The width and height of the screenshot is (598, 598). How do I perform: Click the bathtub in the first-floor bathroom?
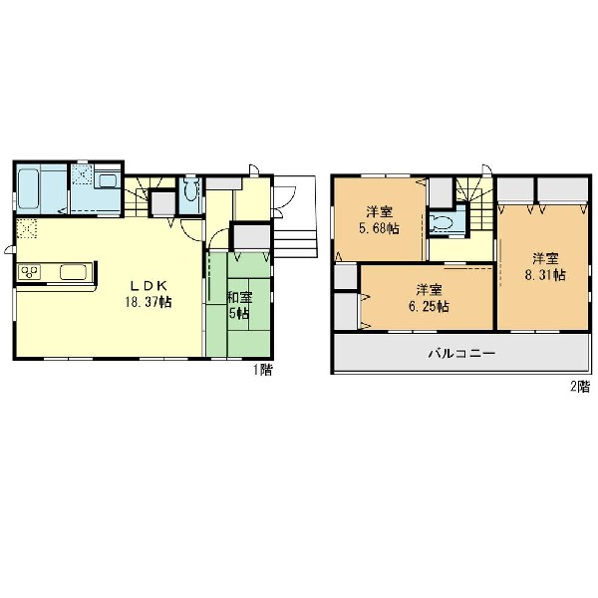tap(28, 188)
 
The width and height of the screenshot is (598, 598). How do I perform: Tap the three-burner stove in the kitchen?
tap(30, 272)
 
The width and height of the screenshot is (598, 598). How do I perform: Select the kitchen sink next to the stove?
tap(73, 272)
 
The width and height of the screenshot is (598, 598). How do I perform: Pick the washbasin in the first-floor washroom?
tap(108, 180)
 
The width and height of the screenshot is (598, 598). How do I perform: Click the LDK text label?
tap(149, 285)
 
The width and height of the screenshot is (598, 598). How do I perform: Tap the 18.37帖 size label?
tap(149, 302)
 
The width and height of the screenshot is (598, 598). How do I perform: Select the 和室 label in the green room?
tap(240, 297)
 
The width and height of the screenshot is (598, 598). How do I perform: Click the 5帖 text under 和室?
tap(239, 314)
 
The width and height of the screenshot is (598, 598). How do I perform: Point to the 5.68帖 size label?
tap(379, 228)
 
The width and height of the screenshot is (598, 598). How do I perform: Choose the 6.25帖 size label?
tap(429, 307)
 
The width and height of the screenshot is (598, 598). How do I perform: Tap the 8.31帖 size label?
tap(545, 275)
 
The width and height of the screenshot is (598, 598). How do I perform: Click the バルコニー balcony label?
tap(462, 353)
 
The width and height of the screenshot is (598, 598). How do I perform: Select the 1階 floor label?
tap(263, 370)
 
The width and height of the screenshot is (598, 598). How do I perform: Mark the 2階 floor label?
tap(580, 387)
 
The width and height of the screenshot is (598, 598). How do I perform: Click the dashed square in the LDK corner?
tap(27, 228)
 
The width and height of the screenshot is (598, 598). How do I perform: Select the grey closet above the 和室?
tap(251, 237)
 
